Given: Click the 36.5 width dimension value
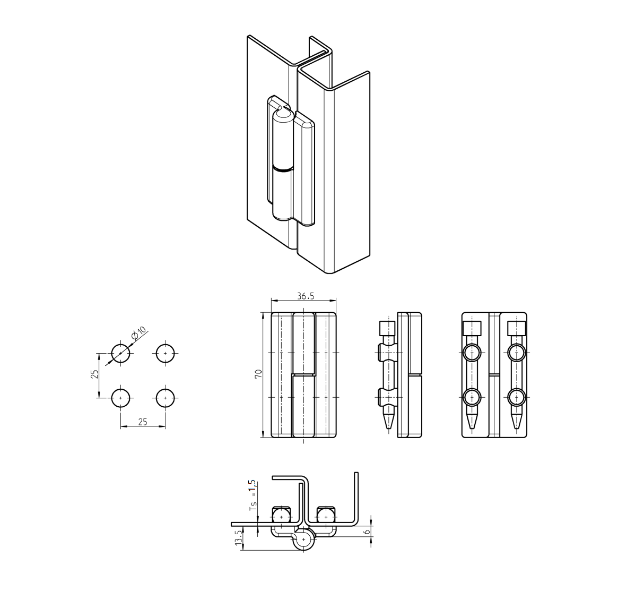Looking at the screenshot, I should click(x=304, y=296).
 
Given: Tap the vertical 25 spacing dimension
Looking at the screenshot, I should click(x=94, y=374).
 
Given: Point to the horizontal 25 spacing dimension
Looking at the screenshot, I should click(x=142, y=422).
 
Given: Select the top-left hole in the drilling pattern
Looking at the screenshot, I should click(x=120, y=353).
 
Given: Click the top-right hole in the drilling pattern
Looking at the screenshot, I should click(x=165, y=353).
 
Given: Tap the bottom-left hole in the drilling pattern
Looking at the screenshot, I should click(x=120, y=397).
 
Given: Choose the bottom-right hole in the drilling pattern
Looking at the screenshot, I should click(x=165, y=397).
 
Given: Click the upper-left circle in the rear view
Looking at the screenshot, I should click(x=472, y=353).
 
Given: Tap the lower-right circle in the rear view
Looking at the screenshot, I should click(x=516, y=397).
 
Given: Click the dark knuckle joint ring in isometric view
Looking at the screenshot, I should click(x=282, y=170).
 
